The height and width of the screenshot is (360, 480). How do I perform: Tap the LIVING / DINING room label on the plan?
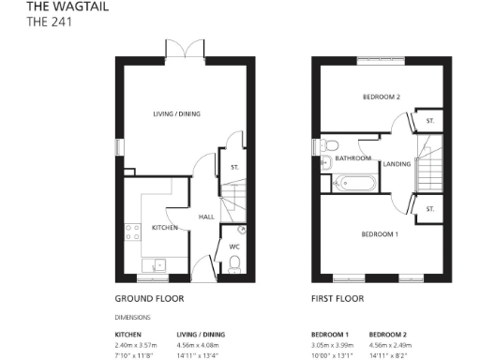tap(177, 114)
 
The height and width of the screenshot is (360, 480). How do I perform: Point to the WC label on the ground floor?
tap(234, 247)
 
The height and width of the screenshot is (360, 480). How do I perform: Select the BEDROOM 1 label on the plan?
tap(381, 233)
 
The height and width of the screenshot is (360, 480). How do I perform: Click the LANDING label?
tap(397, 163)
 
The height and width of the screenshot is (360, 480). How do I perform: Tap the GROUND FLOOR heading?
tap(149, 299)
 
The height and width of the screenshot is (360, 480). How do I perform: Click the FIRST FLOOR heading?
tap(337, 299)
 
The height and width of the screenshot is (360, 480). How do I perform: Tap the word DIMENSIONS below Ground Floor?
tap(132, 317)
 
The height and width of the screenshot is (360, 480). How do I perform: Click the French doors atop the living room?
tap(178, 49)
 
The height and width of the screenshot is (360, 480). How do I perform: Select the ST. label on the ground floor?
tap(233, 167)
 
